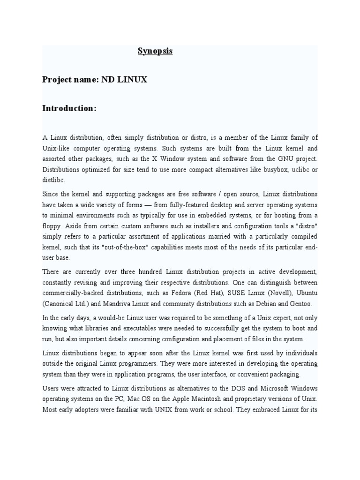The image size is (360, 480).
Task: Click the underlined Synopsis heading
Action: click(x=155, y=51)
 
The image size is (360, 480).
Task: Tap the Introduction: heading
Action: click(x=69, y=108)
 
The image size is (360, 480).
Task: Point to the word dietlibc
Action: click(x=54, y=180)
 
